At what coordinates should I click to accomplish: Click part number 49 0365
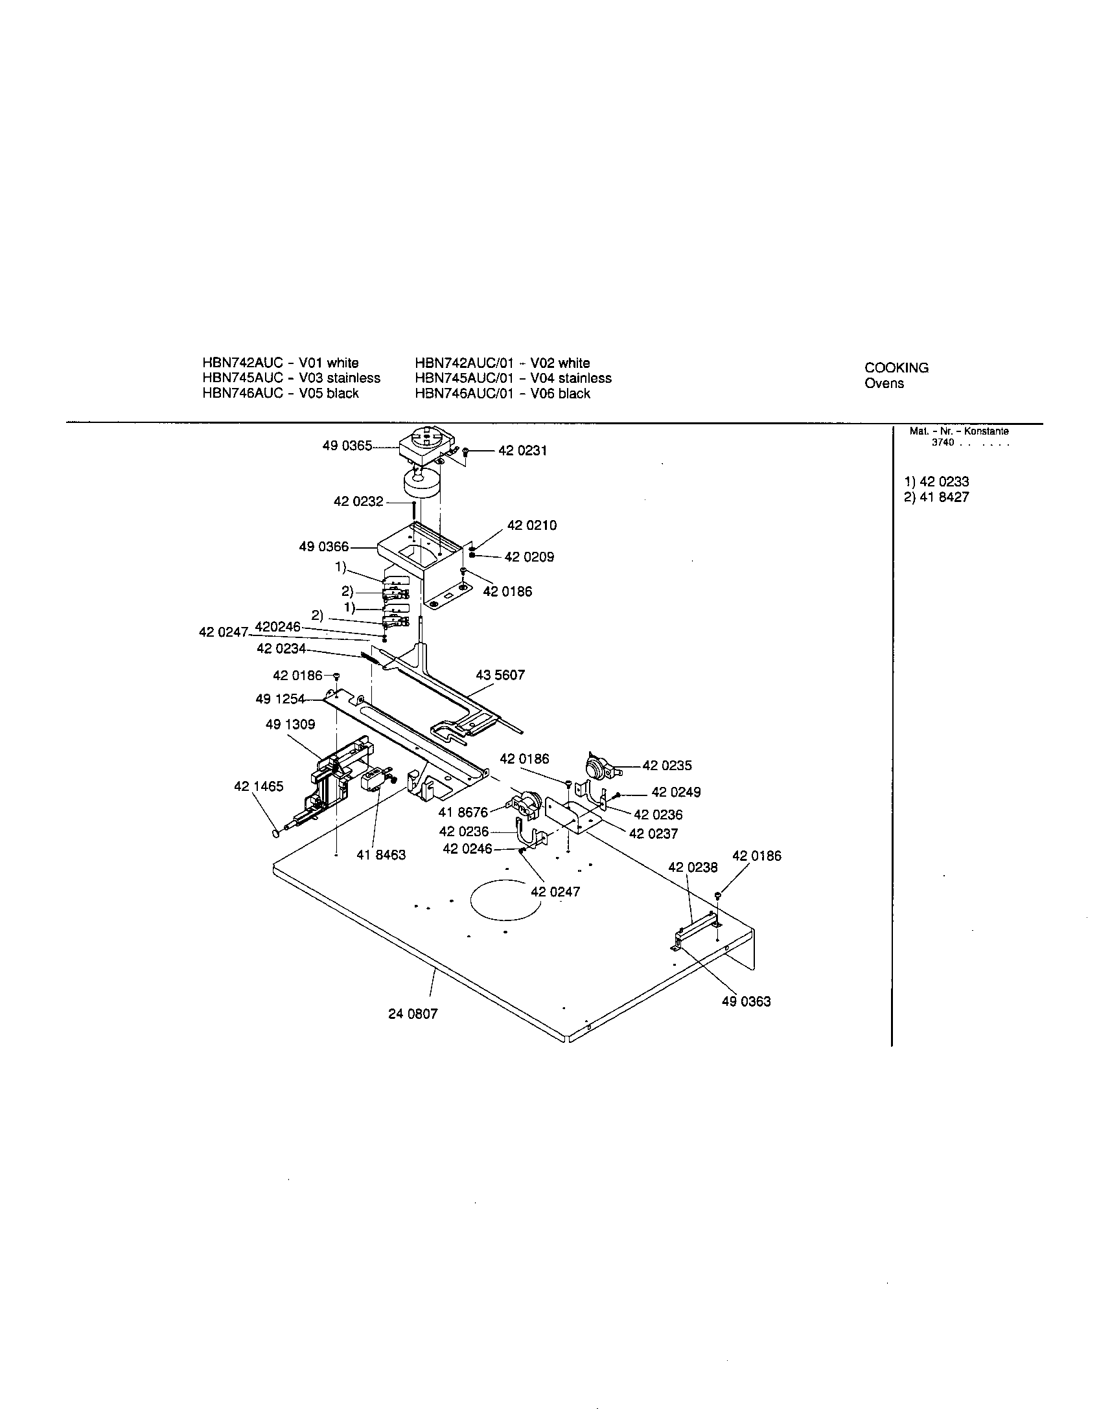coord(347,446)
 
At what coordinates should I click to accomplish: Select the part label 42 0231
coord(522,451)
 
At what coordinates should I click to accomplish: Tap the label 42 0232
coord(358,502)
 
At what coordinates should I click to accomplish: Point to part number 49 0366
coord(324,547)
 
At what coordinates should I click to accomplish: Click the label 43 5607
coord(500,676)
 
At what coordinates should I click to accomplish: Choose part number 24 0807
coord(413,1014)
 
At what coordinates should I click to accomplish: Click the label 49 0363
coord(746,1001)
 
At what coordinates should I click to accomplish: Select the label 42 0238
coord(693,867)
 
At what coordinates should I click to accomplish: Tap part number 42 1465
coord(259,786)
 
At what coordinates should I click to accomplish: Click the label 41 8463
coord(381,855)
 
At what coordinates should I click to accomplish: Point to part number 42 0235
coord(667,766)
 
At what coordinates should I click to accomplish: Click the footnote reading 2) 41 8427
coord(936,497)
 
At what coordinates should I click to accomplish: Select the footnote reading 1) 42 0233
coord(936,482)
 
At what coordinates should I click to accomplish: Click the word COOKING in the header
coord(896,368)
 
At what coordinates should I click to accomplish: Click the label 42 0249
coord(676,792)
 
